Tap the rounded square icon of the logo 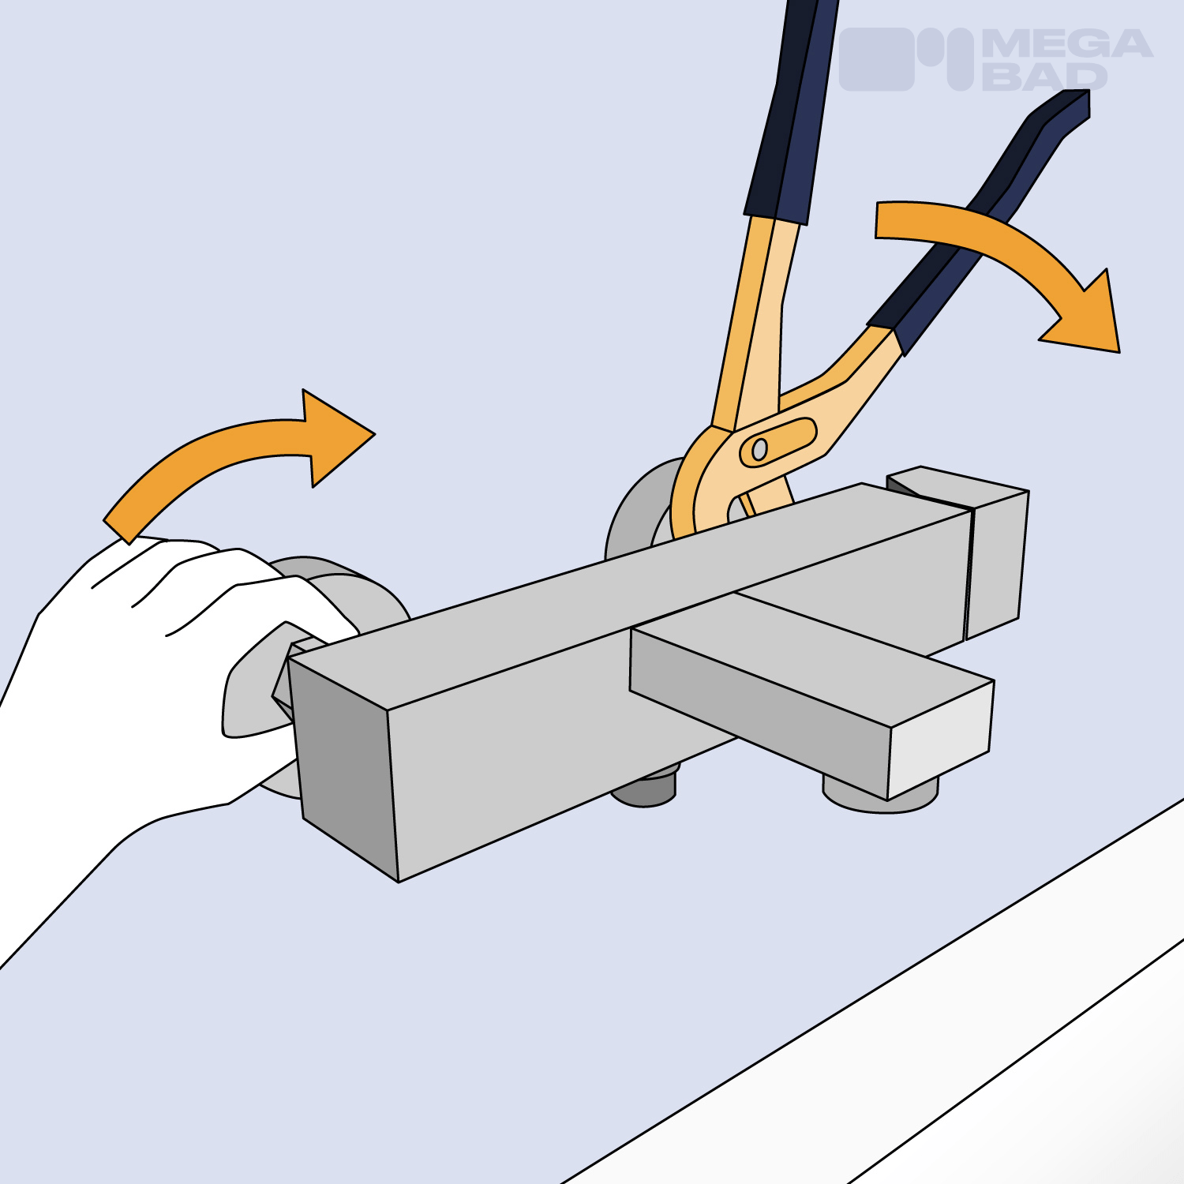876,59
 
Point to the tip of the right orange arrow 1118,351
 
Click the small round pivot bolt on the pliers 759,449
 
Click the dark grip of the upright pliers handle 790,111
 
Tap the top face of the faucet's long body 631,592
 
